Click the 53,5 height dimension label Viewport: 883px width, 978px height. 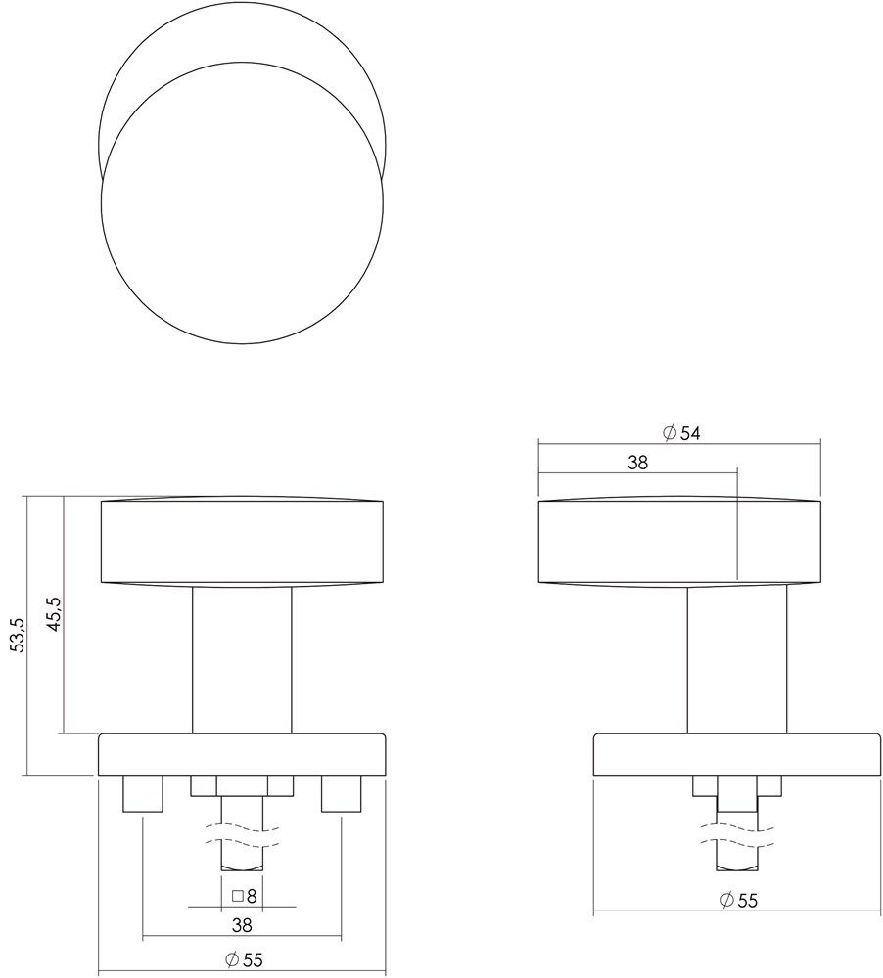point(20,635)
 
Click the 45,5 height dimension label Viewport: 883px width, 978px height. point(54,614)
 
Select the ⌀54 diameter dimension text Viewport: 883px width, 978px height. point(681,433)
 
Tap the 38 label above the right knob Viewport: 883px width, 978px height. point(638,463)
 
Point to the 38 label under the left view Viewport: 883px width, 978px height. point(242,925)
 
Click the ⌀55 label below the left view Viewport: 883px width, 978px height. point(244,960)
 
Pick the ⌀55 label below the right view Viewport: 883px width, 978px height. point(739,900)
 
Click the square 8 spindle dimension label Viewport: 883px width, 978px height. point(244,896)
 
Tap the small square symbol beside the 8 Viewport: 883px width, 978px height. point(237,897)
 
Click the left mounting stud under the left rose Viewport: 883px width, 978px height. point(144,793)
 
